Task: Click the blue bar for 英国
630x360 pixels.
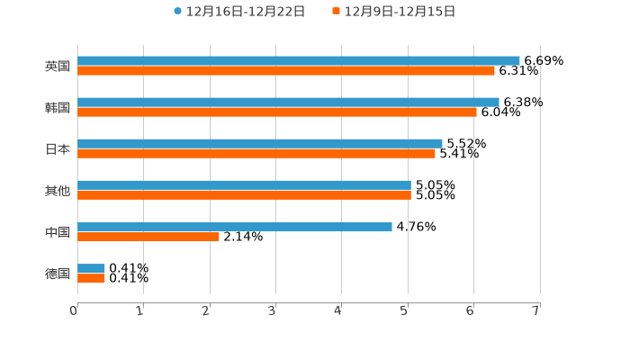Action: pos(299,60)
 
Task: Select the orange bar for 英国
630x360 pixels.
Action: pos(286,70)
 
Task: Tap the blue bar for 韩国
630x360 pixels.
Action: pos(288,102)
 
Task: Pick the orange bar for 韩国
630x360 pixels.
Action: pos(277,112)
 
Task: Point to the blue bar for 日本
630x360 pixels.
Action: pos(260,143)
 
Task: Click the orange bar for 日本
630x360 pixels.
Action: pos(256,153)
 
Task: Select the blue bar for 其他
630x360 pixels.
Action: pos(244,184)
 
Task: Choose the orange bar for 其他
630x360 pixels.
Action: pos(244,194)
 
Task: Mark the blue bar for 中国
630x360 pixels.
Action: pos(235,226)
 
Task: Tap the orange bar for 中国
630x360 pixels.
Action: pos(148,236)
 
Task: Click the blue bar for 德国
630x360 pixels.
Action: pos(91,268)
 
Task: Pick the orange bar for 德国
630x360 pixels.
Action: pos(91,278)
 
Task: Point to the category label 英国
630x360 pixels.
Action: pos(58,66)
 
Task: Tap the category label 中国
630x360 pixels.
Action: pos(58,232)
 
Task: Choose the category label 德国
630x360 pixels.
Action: pos(58,274)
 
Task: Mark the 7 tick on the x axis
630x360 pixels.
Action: pos(535,310)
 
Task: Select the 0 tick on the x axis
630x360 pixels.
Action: pos(74,310)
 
